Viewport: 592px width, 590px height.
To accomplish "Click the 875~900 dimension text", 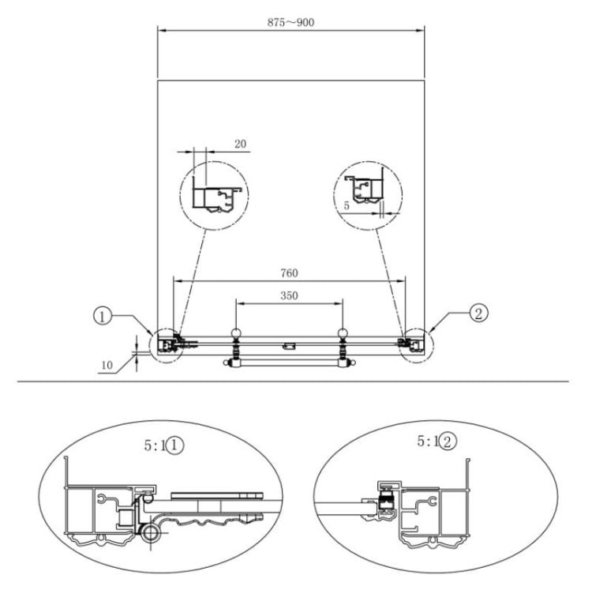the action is pyautogui.click(x=290, y=22).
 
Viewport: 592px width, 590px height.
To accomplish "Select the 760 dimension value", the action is pyautogui.click(x=289, y=272).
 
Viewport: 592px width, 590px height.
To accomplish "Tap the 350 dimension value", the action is pyautogui.click(x=289, y=295).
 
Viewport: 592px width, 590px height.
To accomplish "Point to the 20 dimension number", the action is pyautogui.click(x=240, y=144).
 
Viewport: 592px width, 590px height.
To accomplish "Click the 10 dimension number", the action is pyautogui.click(x=107, y=365).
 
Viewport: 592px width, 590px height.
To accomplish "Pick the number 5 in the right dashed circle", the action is pyautogui.click(x=347, y=206).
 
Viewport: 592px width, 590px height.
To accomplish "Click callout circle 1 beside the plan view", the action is pyautogui.click(x=103, y=316).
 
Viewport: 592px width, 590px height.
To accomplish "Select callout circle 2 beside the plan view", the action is pyautogui.click(x=478, y=313).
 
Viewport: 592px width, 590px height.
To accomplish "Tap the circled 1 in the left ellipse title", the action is pyautogui.click(x=174, y=445).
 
